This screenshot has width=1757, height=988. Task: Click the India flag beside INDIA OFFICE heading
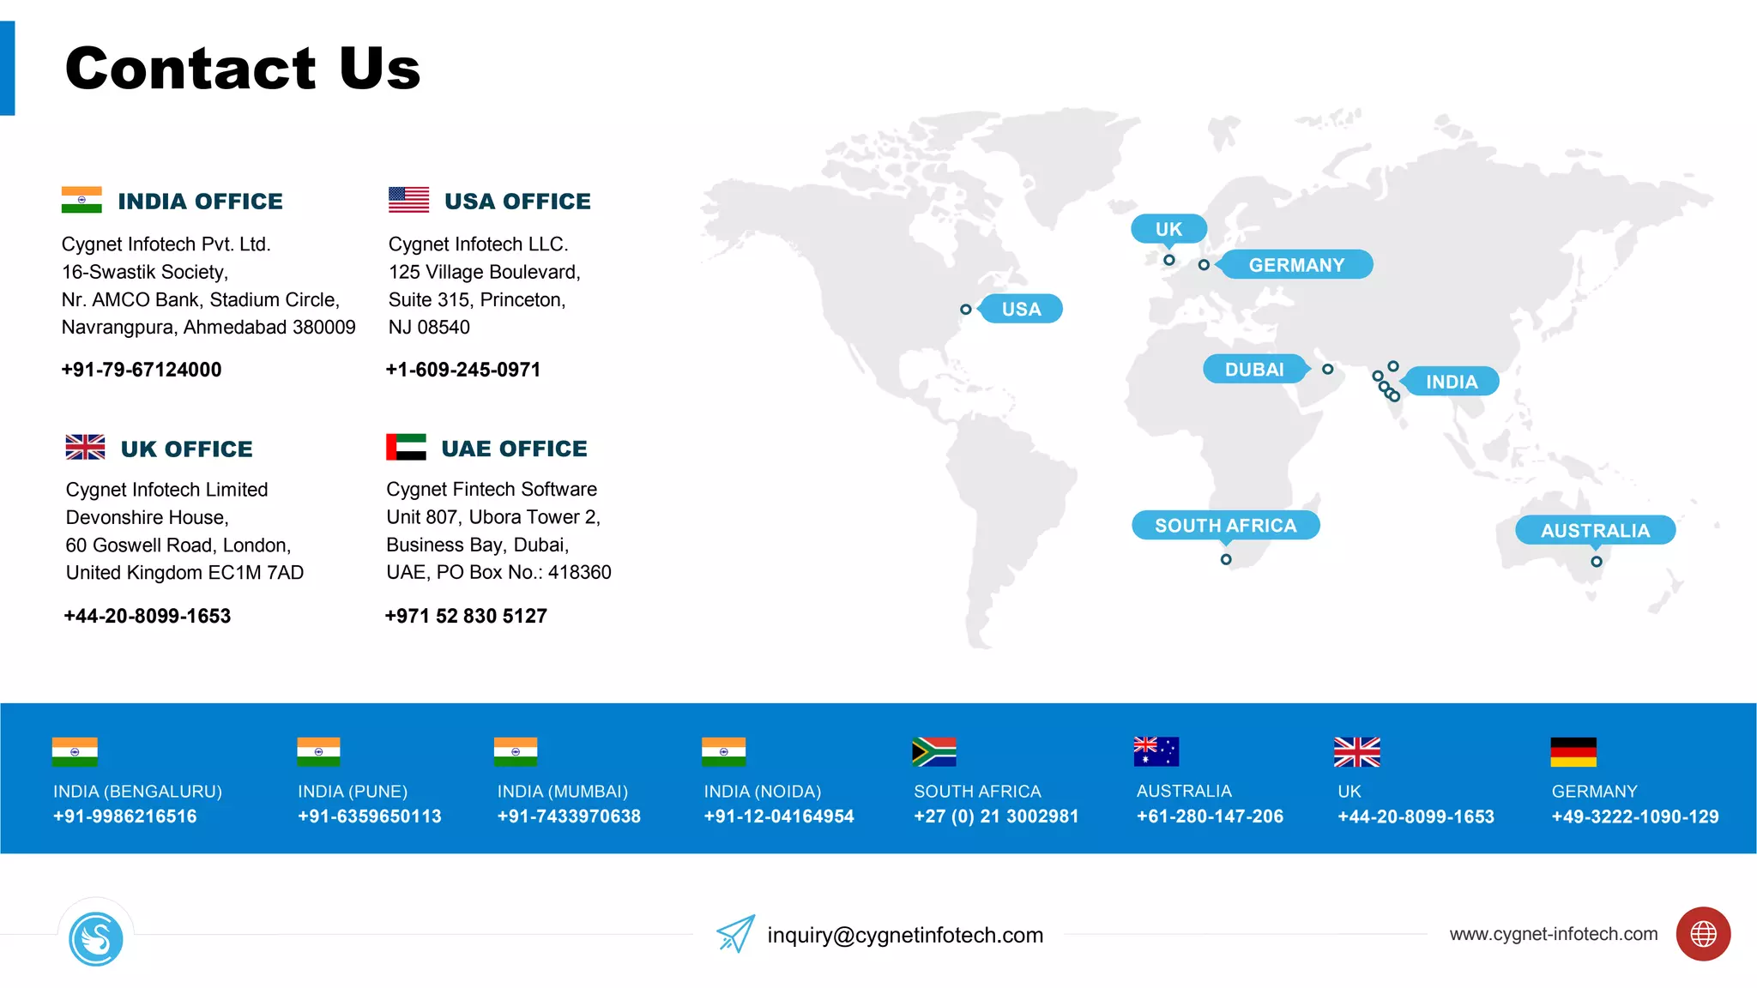tap(82, 200)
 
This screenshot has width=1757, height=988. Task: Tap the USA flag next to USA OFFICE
tap(408, 200)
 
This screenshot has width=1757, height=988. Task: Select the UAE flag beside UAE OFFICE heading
tap(406, 447)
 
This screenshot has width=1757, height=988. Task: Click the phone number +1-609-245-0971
tap(463, 370)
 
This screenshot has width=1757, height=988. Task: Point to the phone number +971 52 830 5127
tap(466, 616)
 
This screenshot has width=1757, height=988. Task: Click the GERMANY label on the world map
tap(1296, 265)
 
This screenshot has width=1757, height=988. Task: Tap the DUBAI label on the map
tap(1254, 370)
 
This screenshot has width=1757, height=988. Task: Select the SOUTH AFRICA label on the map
tap(1225, 526)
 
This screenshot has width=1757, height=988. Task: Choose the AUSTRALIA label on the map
tap(1595, 531)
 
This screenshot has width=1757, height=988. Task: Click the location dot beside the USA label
tap(966, 310)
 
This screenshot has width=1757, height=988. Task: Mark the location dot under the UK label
tap(1169, 260)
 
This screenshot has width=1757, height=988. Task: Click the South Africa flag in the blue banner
tap(934, 752)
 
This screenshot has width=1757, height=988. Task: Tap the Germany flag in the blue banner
tap(1573, 752)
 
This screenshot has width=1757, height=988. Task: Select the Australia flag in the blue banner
tap(1156, 752)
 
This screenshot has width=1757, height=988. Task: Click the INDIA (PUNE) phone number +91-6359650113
tap(370, 816)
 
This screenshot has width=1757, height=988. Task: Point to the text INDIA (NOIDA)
tap(763, 792)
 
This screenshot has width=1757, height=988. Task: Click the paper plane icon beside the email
tap(735, 934)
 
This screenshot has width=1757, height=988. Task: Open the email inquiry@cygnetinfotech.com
tap(905, 935)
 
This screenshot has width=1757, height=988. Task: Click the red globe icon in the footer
tap(1703, 934)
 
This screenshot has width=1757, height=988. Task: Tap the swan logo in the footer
tap(96, 939)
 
